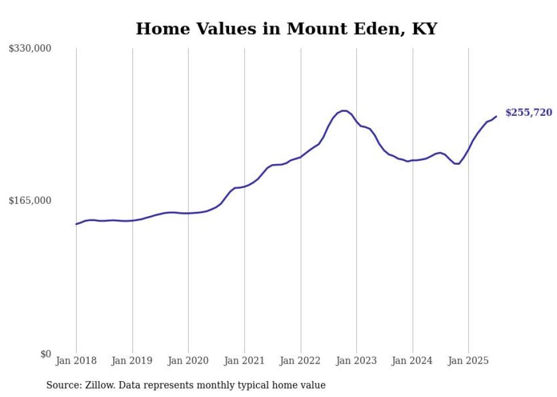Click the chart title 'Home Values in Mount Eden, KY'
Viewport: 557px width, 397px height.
286,29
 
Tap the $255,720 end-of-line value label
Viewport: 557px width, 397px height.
528,112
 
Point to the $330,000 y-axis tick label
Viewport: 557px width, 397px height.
30,49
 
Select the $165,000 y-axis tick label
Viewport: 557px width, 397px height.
30,200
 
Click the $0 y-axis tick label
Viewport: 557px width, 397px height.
45,354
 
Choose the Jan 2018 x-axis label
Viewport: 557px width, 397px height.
76,361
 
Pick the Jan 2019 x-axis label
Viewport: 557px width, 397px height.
132,361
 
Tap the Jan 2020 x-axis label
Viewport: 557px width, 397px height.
188,361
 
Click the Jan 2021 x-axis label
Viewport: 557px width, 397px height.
244,361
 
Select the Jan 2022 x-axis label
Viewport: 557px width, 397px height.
301,361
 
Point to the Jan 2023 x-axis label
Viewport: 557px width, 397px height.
356,361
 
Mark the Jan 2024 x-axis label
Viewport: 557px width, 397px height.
413,361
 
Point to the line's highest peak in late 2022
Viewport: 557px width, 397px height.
343,111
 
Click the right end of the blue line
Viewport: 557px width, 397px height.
496,116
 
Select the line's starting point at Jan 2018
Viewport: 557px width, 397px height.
76,224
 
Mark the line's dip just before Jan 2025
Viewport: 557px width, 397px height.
457,164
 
